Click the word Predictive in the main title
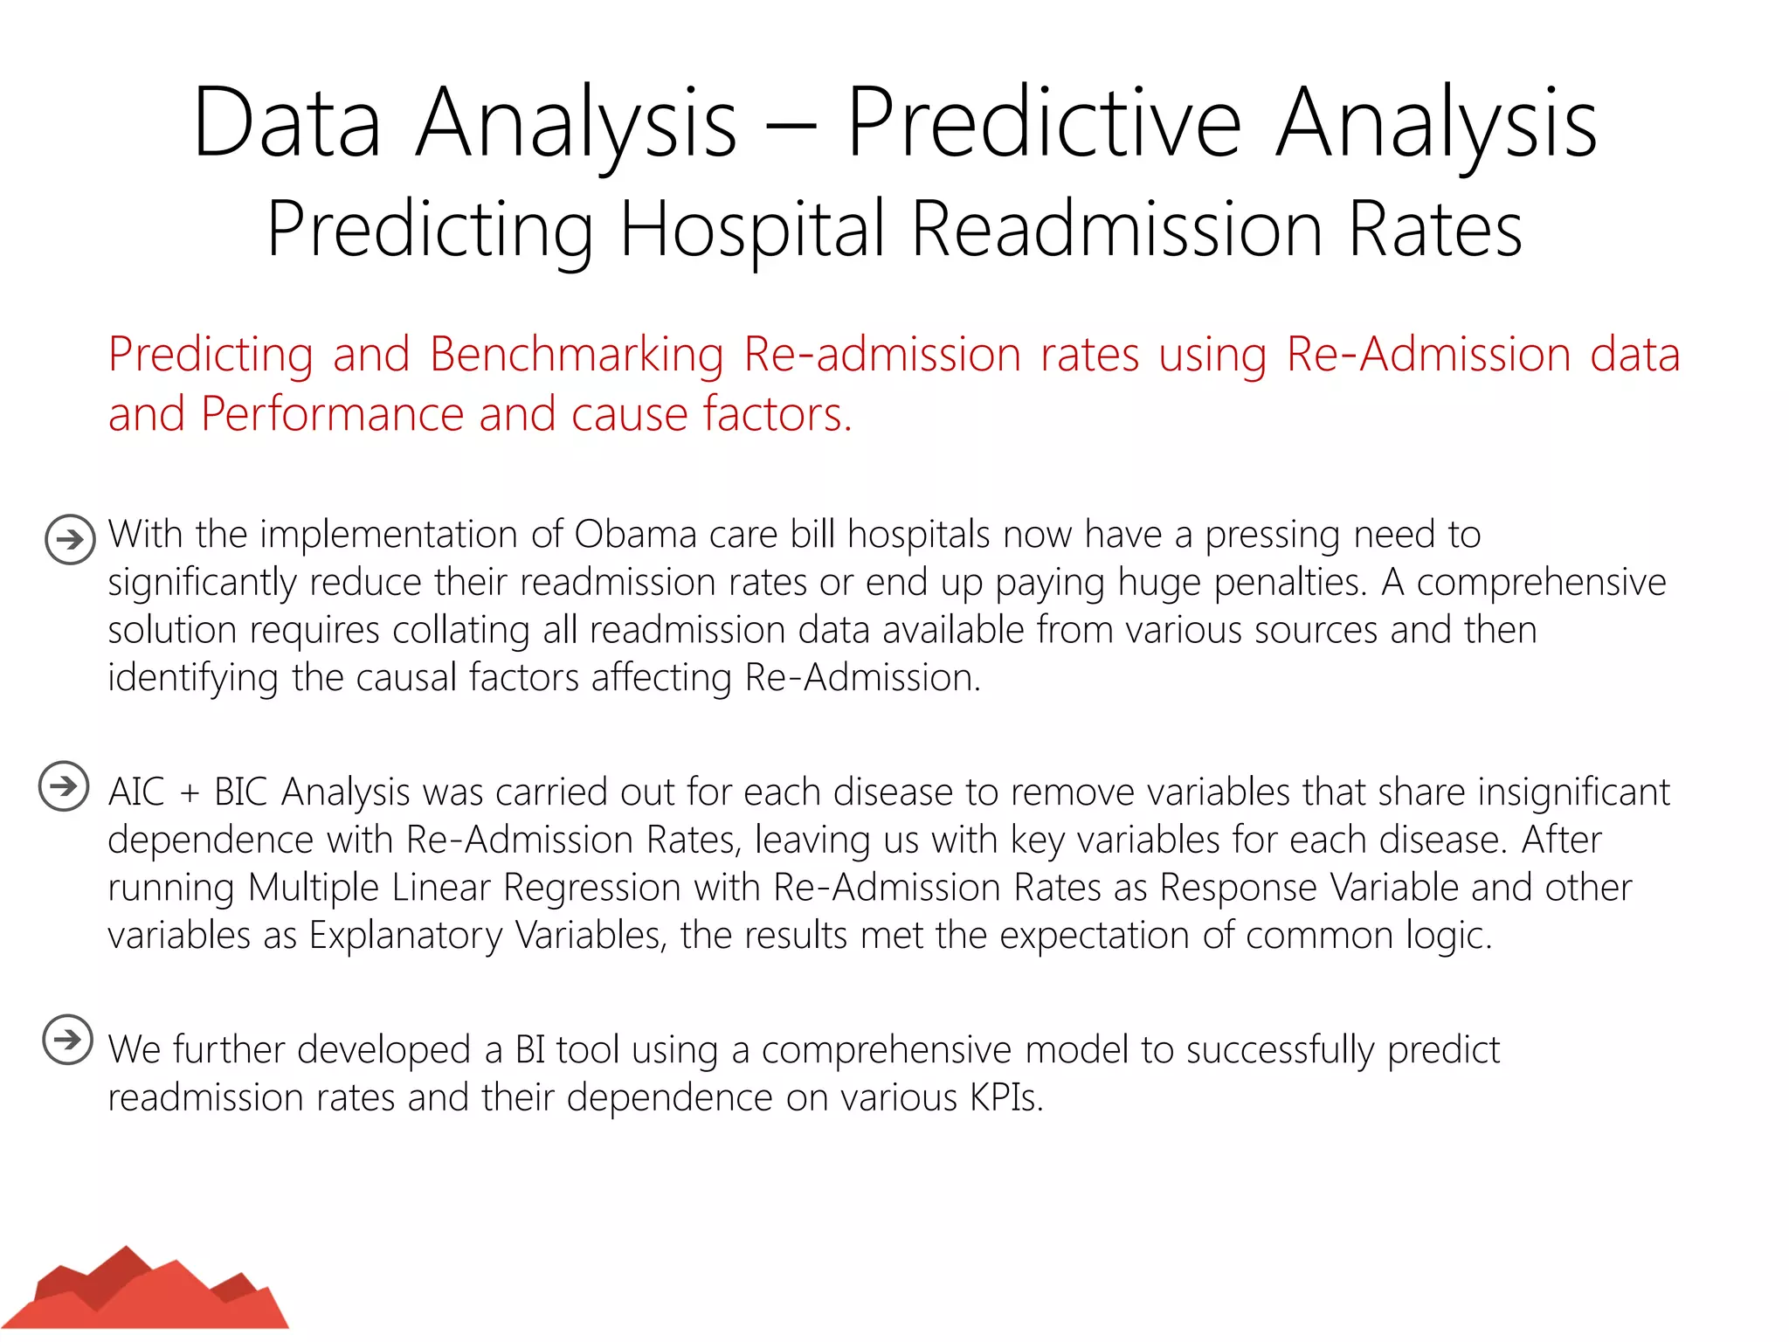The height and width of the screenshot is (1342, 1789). tap(1044, 124)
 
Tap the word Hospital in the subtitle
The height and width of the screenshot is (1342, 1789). tap(752, 230)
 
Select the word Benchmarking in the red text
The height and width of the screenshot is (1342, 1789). tap(577, 356)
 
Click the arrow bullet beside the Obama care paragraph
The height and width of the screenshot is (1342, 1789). tap(70, 539)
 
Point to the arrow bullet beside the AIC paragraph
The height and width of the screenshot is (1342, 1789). tap(64, 786)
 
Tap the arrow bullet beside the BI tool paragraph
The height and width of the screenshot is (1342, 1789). tap(67, 1040)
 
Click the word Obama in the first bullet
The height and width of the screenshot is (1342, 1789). tap(635, 535)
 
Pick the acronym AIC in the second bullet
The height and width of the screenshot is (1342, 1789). tap(136, 792)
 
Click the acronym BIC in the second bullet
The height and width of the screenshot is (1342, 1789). tap(240, 792)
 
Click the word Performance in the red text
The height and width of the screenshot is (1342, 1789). tap(333, 414)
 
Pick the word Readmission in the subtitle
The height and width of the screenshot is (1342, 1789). tap(1116, 230)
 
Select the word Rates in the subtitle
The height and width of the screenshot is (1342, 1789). tap(1435, 230)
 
